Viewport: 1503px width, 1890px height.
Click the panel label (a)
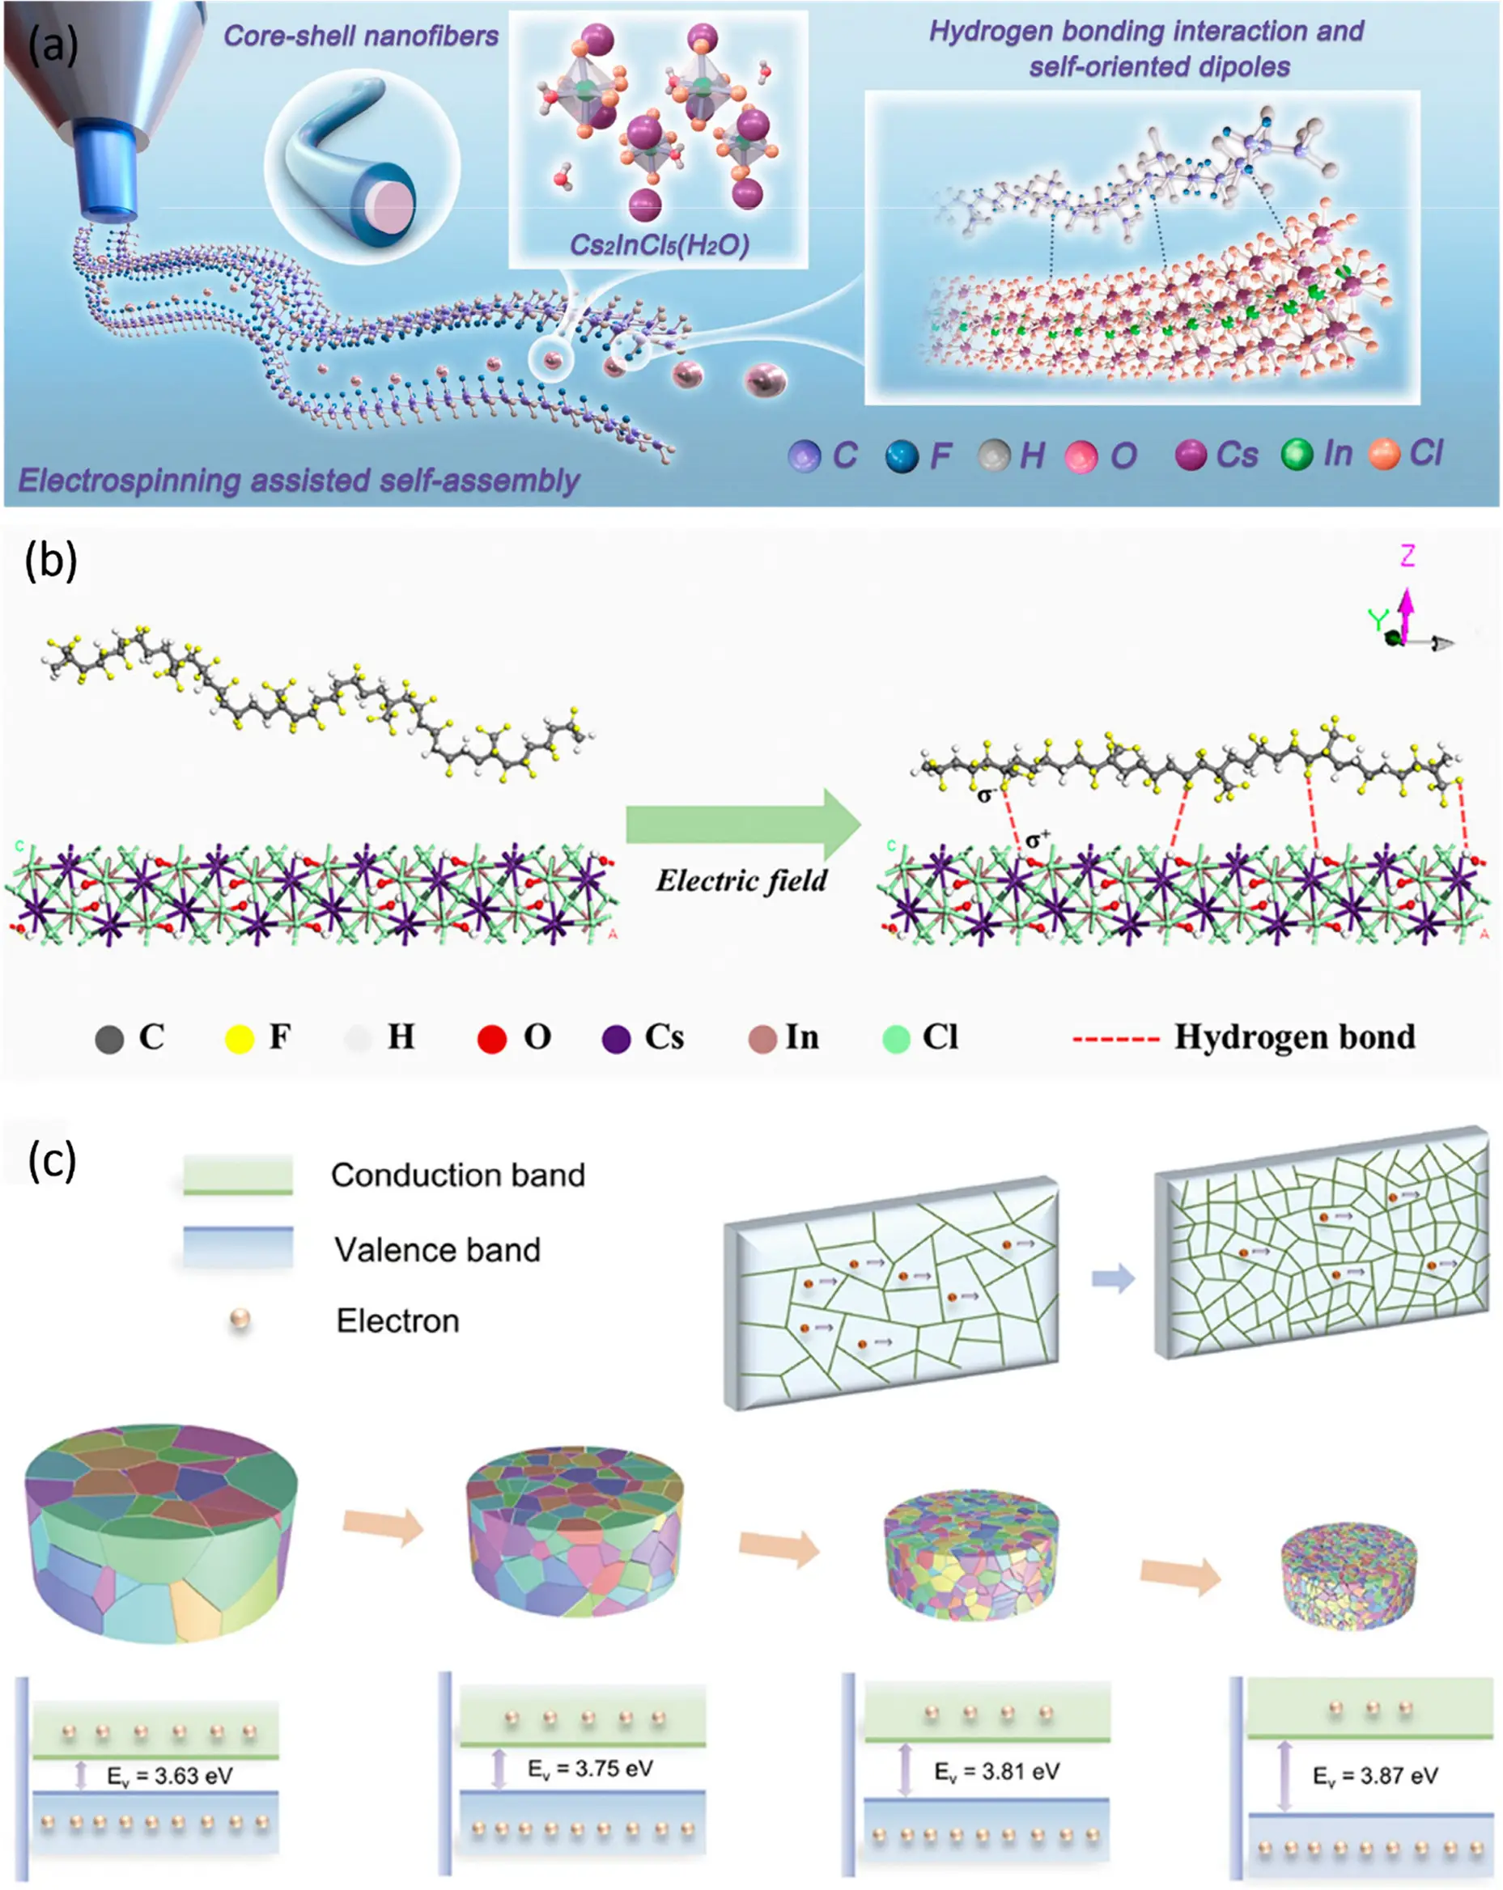(53, 44)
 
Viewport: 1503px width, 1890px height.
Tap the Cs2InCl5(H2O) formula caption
(659, 244)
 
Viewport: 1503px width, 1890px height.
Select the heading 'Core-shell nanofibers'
(360, 36)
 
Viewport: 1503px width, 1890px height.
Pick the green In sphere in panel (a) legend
(1297, 454)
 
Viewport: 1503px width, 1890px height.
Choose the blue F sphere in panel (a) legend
(902, 456)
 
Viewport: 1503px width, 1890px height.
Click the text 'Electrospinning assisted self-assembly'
(299, 481)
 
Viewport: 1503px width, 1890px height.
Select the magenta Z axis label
(1407, 556)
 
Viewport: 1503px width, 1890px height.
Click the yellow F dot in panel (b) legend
(240, 1039)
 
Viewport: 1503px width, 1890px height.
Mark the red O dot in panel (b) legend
(492, 1039)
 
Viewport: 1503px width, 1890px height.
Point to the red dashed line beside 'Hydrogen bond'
(1116, 1040)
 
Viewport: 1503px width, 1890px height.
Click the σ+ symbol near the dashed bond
(1038, 840)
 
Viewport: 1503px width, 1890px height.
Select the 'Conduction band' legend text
(458, 1176)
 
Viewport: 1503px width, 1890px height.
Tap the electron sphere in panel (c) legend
(240, 1320)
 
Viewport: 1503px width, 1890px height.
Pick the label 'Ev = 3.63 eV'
(170, 1776)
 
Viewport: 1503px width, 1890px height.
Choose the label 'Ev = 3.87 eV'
(1375, 1776)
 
